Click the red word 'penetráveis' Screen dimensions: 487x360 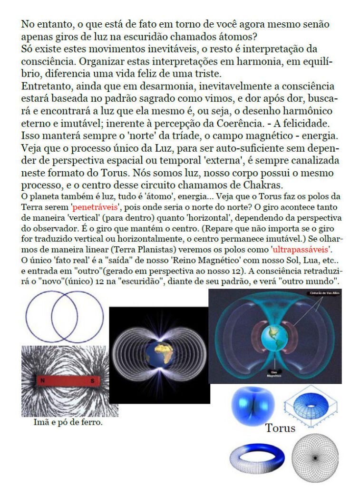(94, 207)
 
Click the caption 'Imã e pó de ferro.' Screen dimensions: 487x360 (68, 422)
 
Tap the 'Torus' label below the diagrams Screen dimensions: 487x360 (280, 428)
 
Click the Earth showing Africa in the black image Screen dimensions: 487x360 (159, 354)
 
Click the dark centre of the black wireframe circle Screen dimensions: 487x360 (314, 458)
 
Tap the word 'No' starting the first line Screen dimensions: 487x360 (28, 24)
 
